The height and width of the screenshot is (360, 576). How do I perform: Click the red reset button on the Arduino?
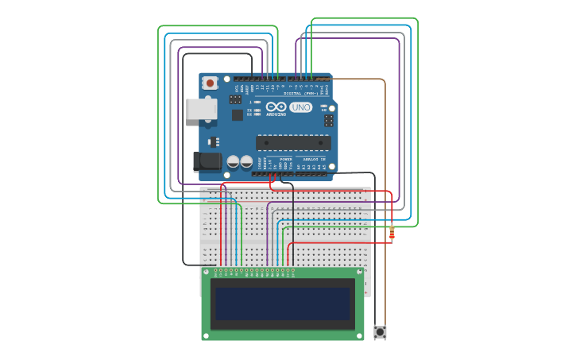pyautogui.click(x=210, y=83)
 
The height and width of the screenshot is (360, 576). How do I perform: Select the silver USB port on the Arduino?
pyautogui.click(x=201, y=109)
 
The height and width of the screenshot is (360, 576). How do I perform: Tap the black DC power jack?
pyautogui.click(x=208, y=161)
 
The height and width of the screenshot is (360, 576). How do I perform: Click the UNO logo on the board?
pyautogui.click(x=301, y=107)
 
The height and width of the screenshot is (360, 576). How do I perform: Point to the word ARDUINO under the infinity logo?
pyautogui.click(x=276, y=114)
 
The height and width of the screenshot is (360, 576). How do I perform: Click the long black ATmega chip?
pyautogui.click(x=293, y=143)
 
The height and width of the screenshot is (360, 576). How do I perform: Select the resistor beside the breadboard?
pyautogui.click(x=392, y=233)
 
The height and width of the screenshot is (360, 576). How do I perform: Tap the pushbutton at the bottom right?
pyautogui.click(x=381, y=331)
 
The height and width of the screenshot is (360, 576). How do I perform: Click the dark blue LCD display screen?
pyautogui.click(x=283, y=304)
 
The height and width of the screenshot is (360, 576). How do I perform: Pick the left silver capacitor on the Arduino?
pyautogui.click(x=233, y=161)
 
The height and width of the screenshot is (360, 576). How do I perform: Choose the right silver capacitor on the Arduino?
pyautogui.click(x=246, y=161)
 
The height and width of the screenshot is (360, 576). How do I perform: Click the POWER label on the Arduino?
pyautogui.click(x=285, y=160)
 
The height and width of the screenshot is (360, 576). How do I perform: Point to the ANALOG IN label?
pyautogui.click(x=315, y=160)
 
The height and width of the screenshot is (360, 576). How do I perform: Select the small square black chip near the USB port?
pyautogui.click(x=237, y=114)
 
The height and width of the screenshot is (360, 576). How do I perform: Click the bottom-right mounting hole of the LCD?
pyautogui.click(x=359, y=335)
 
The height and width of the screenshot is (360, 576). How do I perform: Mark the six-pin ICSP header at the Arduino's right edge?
pyautogui.click(x=328, y=121)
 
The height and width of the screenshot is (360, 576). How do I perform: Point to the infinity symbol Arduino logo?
pyautogui.click(x=276, y=106)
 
